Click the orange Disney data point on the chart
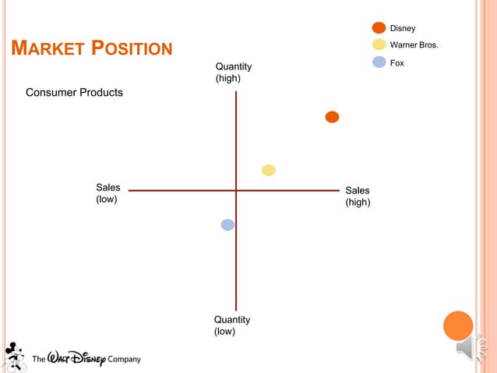point(332,117)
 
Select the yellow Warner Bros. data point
point(269,170)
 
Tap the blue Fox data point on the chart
point(227,225)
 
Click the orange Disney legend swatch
point(379,28)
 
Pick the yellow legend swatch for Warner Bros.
point(379,44)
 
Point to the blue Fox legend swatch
point(379,62)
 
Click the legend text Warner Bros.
point(414,45)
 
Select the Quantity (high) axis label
point(233,73)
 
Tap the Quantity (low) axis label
point(232,325)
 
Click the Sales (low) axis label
point(108,193)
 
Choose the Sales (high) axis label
point(358,197)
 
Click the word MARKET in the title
point(46,49)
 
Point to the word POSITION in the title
point(132,49)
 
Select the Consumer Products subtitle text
point(74,93)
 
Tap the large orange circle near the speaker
point(458,325)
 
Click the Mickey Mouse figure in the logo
point(13,355)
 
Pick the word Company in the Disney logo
point(125,360)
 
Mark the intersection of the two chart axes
point(236,190)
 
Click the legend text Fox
point(397,62)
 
